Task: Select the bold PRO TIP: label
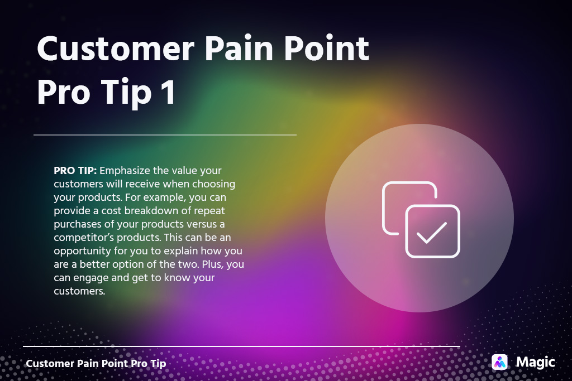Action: click(x=75, y=170)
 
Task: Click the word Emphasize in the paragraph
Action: click(x=126, y=170)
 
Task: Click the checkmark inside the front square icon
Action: click(x=432, y=232)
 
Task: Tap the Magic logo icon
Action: click(x=499, y=362)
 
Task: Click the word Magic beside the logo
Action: click(x=535, y=362)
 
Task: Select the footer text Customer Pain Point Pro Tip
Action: click(x=96, y=364)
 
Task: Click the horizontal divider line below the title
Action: click(x=165, y=134)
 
